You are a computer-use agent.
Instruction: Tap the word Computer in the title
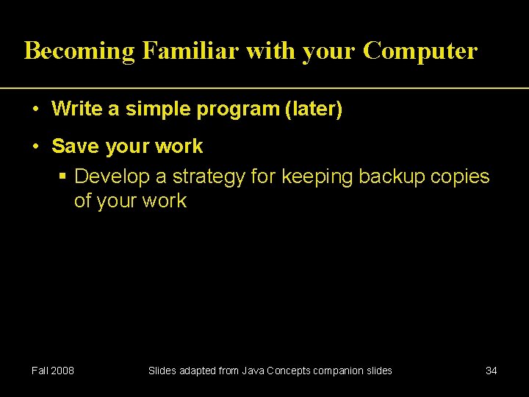pyautogui.click(x=420, y=51)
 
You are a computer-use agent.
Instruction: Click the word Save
pyautogui.click(x=76, y=146)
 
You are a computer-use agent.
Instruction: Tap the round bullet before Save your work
pyautogui.click(x=36, y=146)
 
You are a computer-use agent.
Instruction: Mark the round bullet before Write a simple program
pyautogui.click(x=36, y=110)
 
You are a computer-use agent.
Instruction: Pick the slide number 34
pyautogui.click(x=492, y=371)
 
